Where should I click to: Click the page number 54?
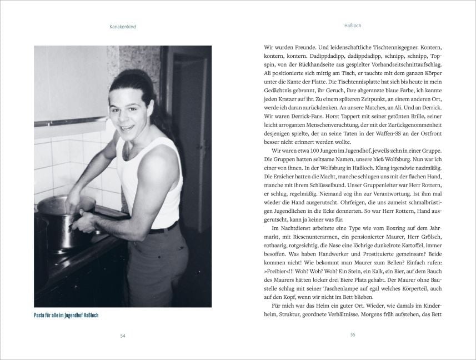pos(122,335)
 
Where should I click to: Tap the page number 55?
pos(353,335)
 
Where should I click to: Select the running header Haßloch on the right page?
pos(353,26)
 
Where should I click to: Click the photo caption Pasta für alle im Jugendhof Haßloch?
pos(70,316)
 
